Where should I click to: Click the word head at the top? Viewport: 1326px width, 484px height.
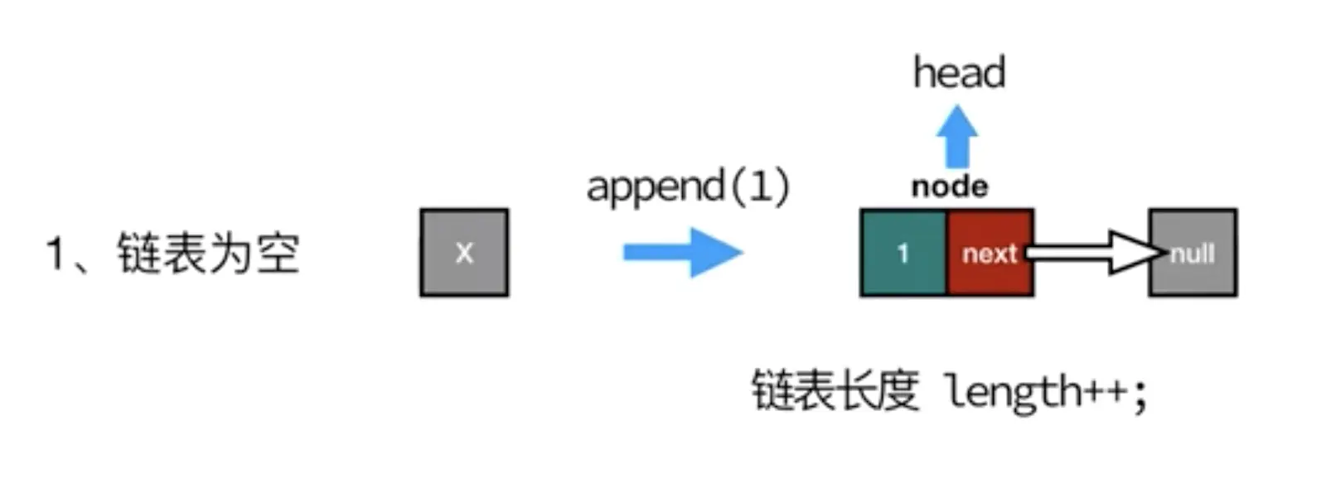click(x=959, y=73)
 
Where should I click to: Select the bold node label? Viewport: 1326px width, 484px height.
click(x=950, y=186)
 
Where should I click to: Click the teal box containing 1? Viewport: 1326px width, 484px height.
click(x=903, y=252)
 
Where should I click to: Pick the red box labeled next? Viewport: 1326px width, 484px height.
click(x=990, y=252)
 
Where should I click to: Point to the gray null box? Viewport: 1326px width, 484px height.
click(x=1193, y=253)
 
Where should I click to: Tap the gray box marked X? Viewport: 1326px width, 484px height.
click(x=464, y=252)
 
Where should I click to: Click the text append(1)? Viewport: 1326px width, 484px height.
click(x=688, y=186)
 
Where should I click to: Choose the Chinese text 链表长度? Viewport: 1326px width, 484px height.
click(x=835, y=390)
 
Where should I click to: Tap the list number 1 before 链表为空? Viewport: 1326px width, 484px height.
click(x=56, y=253)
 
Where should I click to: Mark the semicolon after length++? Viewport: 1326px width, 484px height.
click(x=1140, y=394)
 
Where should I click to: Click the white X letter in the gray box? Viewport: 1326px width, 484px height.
click(x=464, y=253)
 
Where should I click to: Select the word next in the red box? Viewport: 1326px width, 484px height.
click(x=990, y=253)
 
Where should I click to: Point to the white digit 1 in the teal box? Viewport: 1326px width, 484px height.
click(x=903, y=253)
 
